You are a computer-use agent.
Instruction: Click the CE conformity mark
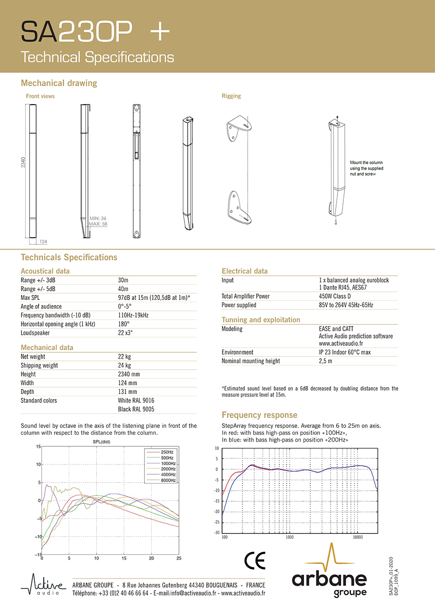[255, 561]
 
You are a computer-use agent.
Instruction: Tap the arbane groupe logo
[330, 573]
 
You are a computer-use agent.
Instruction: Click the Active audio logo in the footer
[43, 585]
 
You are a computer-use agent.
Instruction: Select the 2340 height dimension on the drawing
[23, 162]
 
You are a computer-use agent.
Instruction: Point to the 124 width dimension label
[43, 241]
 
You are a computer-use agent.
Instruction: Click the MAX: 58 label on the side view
[98, 224]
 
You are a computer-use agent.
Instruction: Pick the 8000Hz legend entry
[168, 480]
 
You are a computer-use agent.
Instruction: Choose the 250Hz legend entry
[167, 452]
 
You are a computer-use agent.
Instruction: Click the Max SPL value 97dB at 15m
[154, 298]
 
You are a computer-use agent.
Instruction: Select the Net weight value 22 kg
[125, 357]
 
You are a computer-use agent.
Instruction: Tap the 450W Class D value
[335, 296]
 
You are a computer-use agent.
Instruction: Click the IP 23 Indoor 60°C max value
[345, 352]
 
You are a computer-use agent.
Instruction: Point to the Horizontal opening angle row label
[58, 324]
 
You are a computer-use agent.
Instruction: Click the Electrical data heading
[245, 271]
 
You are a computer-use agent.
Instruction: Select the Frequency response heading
[259, 415]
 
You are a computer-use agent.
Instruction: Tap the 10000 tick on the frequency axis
[358, 537]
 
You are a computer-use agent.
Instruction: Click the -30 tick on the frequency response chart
[217, 533]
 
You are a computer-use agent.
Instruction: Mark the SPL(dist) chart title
[101, 442]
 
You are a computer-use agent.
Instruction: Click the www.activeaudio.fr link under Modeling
[341, 344]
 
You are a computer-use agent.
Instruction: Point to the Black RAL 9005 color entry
[136, 409]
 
